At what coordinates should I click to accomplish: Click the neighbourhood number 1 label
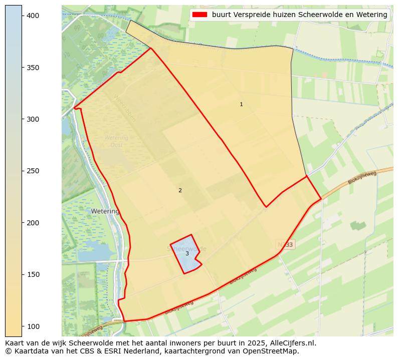pyautogui.click(x=241, y=104)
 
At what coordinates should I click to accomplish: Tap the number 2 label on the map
pyautogui.click(x=180, y=190)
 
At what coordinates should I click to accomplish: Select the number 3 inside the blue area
pyautogui.click(x=187, y=253)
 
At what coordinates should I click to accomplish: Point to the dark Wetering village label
pyautogui.click(x=105, y=211)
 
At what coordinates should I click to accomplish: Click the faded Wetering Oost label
pyautogui.click(x=116, y=141)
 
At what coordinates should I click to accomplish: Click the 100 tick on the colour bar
pyautogui.click(x=33, y=326)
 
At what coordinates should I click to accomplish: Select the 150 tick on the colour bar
pyautogui.click(x=33, y=274)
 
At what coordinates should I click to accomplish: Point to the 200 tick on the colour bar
pyautogui.click(x=33, y=223)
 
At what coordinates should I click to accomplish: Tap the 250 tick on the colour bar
pyautogui.click(x=33, y=171)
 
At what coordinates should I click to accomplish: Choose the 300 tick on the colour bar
pyautogui.click(x=33, y=119)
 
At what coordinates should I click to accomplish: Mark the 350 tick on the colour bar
pyautogui.click(x=33, y=68)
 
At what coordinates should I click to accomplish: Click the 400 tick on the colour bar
pyautogui.click(x=33, y=16)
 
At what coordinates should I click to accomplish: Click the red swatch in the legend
pyautogui.click(x=200, y=15)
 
